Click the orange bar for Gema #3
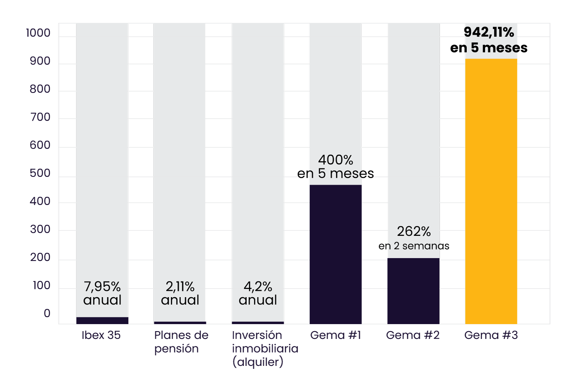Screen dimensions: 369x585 (x=491, y=191)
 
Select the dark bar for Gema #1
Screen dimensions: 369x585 (x=335, y=254)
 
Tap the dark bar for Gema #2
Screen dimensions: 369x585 (x=413, y=291)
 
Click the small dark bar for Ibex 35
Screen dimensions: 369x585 (x=102, y=321)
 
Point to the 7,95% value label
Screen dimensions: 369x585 (x=102, y=287)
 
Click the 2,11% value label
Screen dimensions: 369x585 (x=180, y=287)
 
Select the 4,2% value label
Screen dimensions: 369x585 (x=258, y=287)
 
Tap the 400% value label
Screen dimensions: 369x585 (x=335, y=160)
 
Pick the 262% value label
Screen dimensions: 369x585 (x=414, y=232)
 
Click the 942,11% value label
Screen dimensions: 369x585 (x=489, y=32)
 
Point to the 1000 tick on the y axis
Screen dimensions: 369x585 (x=38, y=33)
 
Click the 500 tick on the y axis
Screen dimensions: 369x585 (x=40, y=173)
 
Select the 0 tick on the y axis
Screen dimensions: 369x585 (x=47, y=314)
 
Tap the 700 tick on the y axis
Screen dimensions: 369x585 (x=40, y=117)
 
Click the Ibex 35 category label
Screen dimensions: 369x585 (x=101, y=335)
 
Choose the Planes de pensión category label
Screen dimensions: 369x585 (x=181, y=342)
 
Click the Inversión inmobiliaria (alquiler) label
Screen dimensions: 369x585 (x=265, y=348)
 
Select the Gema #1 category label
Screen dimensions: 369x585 (x=335, y=335)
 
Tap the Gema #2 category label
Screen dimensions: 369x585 (x=413, y=335)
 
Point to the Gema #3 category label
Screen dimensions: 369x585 (x=491, y=335)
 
